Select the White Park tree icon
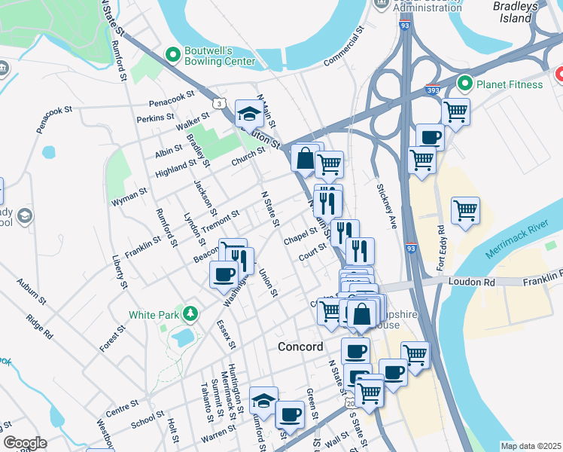[x=192, y=313]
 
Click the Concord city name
[x=300, y=347]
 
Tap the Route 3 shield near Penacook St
[x=218, y=102]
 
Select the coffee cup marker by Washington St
[x=223, y=273]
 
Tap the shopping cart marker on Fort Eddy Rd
[x=465, y=210]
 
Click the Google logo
[x=25, y=443]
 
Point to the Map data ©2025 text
[x=530, y=446]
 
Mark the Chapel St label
[x=301, y=235]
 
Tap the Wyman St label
[x=129, y=197]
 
